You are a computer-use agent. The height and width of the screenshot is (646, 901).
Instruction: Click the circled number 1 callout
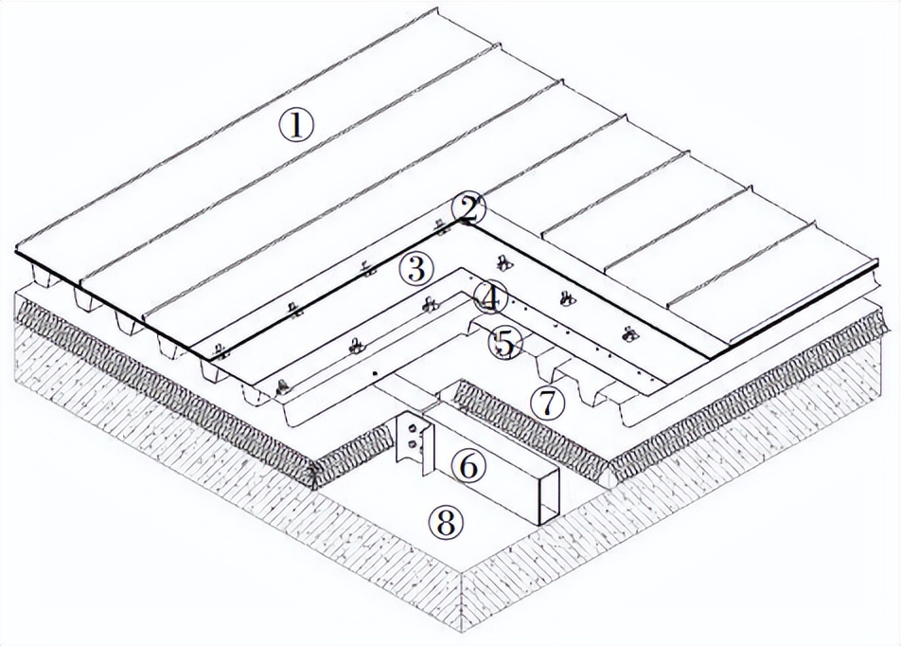296,125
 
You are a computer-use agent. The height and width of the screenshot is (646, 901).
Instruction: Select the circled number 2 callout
468,210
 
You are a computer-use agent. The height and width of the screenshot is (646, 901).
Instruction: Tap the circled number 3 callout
415,269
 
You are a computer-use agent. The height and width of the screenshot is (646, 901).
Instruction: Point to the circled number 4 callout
490,297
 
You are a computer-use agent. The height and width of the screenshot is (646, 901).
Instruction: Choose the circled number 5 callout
504,343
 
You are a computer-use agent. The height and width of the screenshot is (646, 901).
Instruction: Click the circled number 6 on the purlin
468,467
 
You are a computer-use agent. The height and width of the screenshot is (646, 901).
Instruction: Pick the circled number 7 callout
548,403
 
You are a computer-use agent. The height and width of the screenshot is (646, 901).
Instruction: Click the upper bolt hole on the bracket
412,428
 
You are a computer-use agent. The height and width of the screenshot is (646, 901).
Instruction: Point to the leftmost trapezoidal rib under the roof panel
45,275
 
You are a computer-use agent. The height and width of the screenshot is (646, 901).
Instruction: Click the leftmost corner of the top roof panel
15,251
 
